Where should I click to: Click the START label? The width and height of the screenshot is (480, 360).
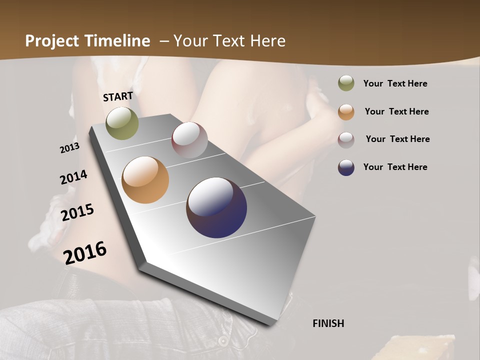click(x=118, y=96)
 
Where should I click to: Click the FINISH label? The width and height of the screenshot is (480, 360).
click(x=328, y=323)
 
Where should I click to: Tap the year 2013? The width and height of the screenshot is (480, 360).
click(x=69, y=148)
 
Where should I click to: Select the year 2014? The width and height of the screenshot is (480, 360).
click(x=73, y=177)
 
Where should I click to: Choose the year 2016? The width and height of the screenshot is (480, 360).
click(x=85, y=253)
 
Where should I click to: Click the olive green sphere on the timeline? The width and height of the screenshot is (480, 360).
click(x=122, y=123)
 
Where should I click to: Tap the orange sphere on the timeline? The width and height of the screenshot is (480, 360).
click(x=145, y=180)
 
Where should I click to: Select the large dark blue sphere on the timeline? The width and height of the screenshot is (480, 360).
click(x=216, y=207)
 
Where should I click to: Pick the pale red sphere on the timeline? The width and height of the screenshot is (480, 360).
click(x=189, y=139)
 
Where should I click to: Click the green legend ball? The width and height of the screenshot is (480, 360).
click(x=346, y=83)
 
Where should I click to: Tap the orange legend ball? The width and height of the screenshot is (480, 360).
click(x=346, y=111)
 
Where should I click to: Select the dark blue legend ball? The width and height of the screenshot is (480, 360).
click(x=346, y=167)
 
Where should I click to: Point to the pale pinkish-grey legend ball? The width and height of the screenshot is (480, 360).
click(x=346, y=139)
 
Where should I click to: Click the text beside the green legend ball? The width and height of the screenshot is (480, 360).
click(x=395, y=84)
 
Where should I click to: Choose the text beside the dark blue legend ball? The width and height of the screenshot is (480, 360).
click(x=395, y=167)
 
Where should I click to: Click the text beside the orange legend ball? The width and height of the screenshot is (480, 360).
click(x=396, y=111)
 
